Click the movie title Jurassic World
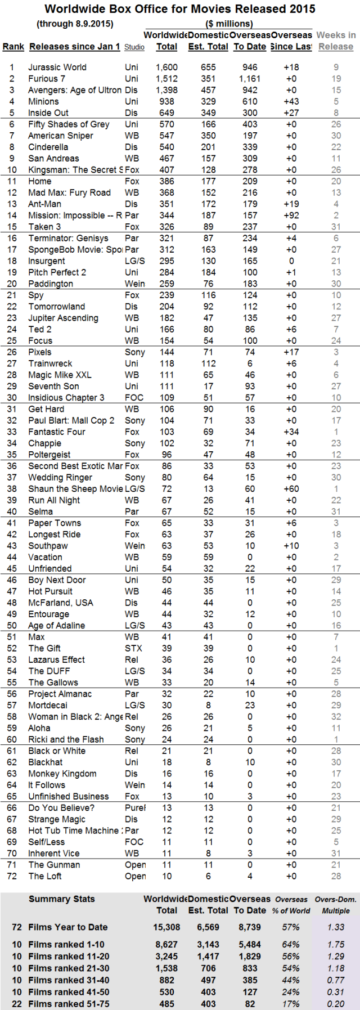pos(57,67)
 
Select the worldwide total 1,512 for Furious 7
pos(166,79)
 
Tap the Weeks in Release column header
pos(336,41)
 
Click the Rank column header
pos(13,47)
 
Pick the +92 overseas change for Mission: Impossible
pos(291,216)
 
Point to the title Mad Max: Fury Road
pos(69,192)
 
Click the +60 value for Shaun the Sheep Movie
pos(291,489)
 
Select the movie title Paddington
pos(51,284)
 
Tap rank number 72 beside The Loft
pos(12,876)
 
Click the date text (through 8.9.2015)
pos(75,24)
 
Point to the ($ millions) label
pos(229,24)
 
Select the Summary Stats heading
pos(62,899)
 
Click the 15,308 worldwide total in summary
pos(166,927)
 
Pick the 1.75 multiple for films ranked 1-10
pos(336,945)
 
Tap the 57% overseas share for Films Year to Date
pos(291,927)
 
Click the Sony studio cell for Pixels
pos(135,352)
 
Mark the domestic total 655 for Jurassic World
pos(208,67)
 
